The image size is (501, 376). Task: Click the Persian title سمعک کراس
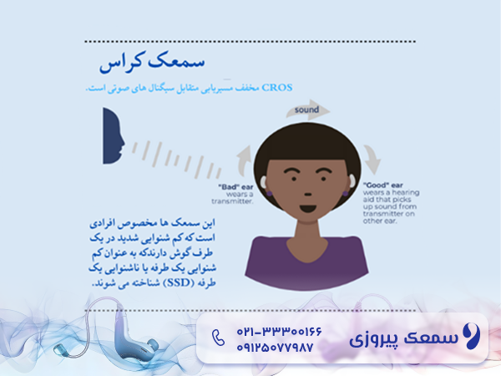pos(153,63)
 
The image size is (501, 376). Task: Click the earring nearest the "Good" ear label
pos(344,194)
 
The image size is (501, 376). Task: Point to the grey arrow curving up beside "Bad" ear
pos(243,160)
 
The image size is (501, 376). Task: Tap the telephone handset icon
pos(219,338)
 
